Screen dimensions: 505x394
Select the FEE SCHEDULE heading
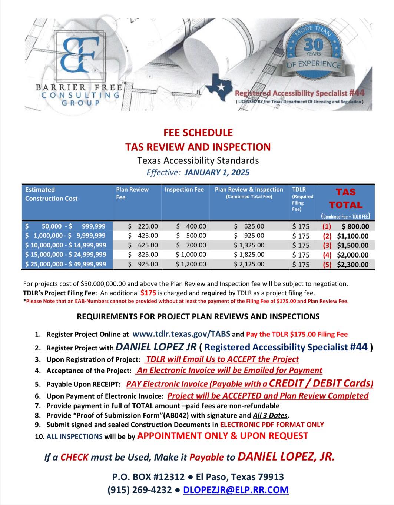198,133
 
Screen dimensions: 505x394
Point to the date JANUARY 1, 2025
217,172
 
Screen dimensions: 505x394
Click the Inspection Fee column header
184,190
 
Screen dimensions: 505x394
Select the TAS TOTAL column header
345,199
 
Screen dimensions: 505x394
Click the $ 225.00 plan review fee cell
143,226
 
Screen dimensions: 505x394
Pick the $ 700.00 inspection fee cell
191,245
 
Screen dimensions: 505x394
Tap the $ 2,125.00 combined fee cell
249,264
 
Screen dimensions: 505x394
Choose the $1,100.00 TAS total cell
352,236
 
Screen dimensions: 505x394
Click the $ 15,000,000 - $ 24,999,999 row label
66,255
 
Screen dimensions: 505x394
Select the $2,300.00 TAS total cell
352,265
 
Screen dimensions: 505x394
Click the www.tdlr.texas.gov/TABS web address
181,334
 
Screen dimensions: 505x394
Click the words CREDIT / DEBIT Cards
321,383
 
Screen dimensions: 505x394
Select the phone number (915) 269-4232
139,490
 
